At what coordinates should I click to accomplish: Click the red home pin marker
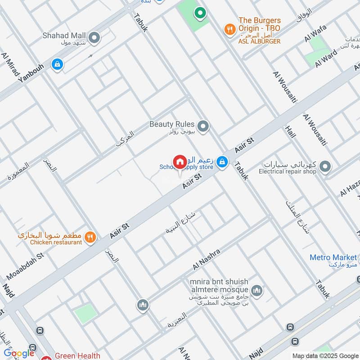(180, 162)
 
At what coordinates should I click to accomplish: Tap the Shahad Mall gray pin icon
(94, 38)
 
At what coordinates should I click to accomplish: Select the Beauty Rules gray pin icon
(203, 127)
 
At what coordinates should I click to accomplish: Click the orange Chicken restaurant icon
(90, 237)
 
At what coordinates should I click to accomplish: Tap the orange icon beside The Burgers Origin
(229, 30)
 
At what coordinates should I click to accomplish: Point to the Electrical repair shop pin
(325, 167)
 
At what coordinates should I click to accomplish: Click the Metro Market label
(333, 258)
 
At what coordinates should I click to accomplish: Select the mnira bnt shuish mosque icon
(256, 291)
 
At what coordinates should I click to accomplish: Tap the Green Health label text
(77, 355)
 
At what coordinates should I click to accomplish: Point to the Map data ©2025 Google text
(325, 355)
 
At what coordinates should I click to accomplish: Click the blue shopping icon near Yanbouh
(57, 65)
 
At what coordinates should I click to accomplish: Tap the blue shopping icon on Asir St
(222, 161)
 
